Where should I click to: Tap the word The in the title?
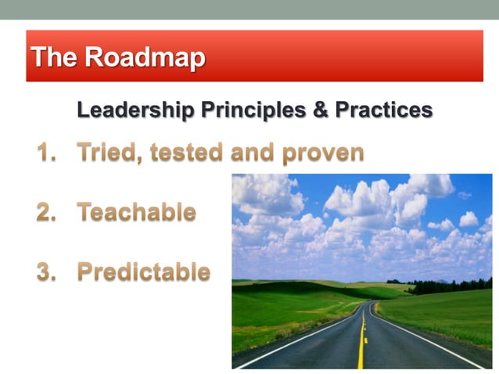54,57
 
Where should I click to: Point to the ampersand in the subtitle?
320,110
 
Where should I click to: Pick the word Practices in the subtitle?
383,110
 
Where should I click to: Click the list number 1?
45,152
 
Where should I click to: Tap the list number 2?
46,212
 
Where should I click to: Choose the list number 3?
46,272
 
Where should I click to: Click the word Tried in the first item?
108,152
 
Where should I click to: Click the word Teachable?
137,212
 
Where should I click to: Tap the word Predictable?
144,272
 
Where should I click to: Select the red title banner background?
352,56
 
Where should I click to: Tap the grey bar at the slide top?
249,9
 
